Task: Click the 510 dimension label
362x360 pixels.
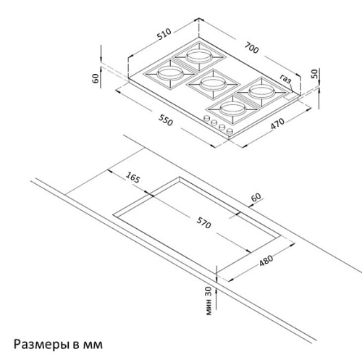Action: (x=164, y=33)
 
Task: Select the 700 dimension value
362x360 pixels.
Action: (x=251, y=48)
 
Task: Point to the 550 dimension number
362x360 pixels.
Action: (x=166, y=120)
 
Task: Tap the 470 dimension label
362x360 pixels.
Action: (x=277, y=124)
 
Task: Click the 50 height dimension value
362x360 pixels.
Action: (x=314, y=73)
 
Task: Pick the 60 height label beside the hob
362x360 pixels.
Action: (x=96, y=78)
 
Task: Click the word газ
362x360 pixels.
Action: (x=286, y=79)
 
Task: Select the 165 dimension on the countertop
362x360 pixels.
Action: (x=132, y=177)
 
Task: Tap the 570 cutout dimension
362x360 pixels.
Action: (x=203, y=222)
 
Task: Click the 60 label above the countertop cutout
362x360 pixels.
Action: (x=256, y=197)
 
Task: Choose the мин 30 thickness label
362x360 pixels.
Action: (x=209, y=301)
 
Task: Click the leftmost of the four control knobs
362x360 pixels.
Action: (x=207, y=118)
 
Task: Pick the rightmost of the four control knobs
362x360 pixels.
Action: (x=230, y=132)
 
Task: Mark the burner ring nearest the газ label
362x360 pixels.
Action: (x=262, y=91)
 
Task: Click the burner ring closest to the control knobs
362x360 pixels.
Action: (x=232, y=109)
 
